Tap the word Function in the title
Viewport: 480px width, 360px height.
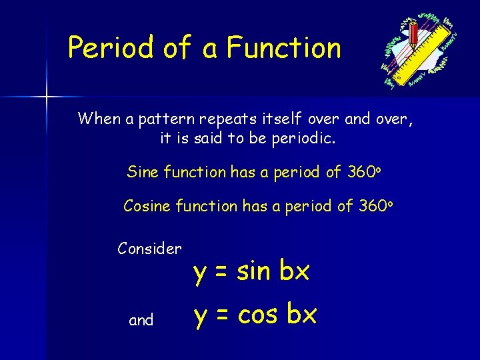click(283, 48)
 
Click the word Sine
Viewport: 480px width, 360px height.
click(143, 172)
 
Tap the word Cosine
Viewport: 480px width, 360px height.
click(147, 207)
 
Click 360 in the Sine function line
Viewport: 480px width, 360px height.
click(360, 172)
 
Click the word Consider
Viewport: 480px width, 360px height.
click(149, 249)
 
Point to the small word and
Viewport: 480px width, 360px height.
click(141, 321)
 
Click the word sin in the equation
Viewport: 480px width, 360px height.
click(253, 271)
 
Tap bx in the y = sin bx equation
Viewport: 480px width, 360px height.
click(294, 271)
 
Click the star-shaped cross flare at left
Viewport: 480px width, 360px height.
click(46, 97)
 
